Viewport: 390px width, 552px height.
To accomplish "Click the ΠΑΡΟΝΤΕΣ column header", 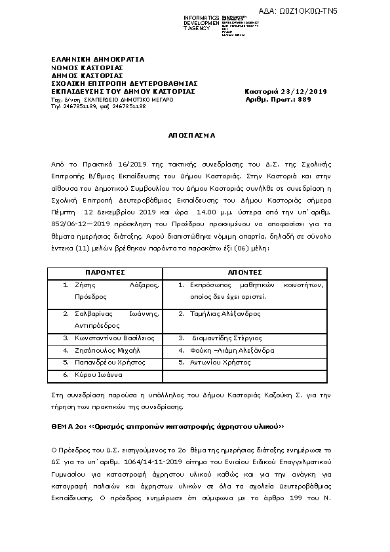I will coord(105,271).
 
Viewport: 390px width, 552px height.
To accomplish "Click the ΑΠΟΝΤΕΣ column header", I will coord(244,271).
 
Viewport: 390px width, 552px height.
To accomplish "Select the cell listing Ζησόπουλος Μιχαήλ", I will coord(108,350).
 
